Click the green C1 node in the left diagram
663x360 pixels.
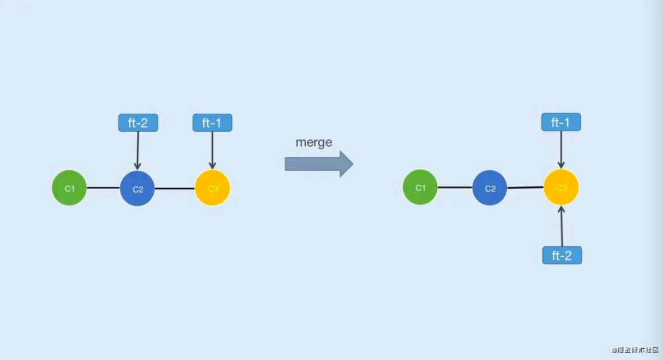[69, 188]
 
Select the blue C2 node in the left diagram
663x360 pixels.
[137, 189]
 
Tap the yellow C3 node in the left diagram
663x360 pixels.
[212, 188]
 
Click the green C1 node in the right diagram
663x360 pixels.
[420, 188]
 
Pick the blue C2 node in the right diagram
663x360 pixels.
[489, 188]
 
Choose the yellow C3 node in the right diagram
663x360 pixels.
[561, 187]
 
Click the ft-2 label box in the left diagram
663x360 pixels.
[138, 123]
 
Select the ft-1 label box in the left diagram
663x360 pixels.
[212, 123]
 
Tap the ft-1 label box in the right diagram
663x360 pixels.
[561, 122]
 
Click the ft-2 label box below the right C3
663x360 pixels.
[562, 255]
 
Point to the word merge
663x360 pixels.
[314, 142]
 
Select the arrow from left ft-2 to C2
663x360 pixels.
[137, 150]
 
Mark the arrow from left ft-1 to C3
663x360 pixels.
[212, 150]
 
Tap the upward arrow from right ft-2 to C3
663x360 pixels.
[562, 226]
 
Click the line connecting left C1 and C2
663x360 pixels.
[103, 188]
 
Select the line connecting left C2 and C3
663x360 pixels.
[174, 189]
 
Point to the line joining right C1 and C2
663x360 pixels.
[455, 188]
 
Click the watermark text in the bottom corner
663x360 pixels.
[636, 350]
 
